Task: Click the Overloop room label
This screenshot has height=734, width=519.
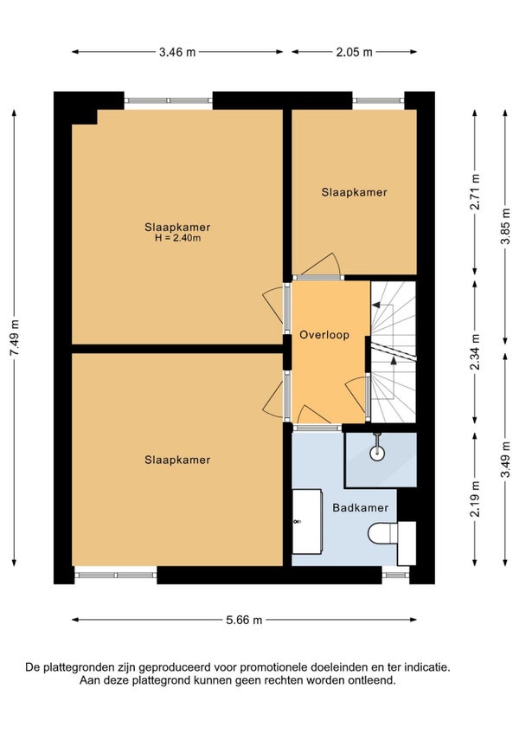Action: click(324, 335)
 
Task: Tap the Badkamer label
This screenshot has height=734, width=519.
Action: click(361, 508)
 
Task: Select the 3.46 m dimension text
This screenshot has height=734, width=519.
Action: click(177, 52)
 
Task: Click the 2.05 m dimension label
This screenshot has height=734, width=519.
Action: click(355, 52)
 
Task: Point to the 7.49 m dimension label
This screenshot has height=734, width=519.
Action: click(15, 338)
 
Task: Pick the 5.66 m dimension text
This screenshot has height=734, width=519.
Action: click(244, 621)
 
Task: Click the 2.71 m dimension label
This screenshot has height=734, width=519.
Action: click(475, 192)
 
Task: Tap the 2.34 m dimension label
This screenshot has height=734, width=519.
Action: click(475, 352)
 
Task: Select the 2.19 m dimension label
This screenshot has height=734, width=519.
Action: click(475, 499)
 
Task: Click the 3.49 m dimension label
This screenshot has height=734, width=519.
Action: click(505, 460)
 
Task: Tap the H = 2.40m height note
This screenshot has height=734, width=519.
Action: click(178, 238)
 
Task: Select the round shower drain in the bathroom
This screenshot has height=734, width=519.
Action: click(377, 454)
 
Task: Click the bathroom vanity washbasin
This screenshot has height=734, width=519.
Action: click(307, 522)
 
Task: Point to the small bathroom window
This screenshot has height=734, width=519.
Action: click(396, 575)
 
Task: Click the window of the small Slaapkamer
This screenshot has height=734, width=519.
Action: click(378, 100)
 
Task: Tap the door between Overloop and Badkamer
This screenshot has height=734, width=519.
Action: click(317, 428)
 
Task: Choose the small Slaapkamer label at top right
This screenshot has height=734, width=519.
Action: click(355, 192)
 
